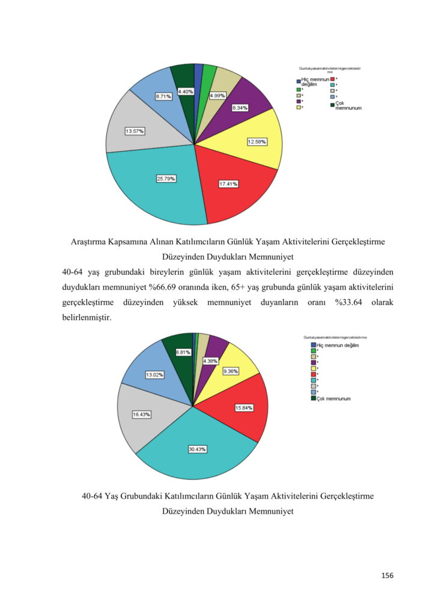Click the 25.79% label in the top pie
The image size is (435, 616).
click(x=166, y=178)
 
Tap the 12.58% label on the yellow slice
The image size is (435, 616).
click(x=257, y=142)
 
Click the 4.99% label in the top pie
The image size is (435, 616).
click(x=218, y=96)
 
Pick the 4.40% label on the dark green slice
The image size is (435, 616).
click(x=185, y=91)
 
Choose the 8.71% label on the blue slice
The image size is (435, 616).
click(x=163, y=96)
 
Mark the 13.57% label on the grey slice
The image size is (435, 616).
click(x=135, y=131)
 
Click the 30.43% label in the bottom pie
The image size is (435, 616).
click(x=197, y=449)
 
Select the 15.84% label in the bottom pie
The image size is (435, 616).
click(x=244, y=408)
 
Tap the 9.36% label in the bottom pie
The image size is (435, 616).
click(x=230, y=371)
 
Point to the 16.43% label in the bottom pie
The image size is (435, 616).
click(x=141, y=414)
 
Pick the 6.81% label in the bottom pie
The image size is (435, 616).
click(x=183, y=353)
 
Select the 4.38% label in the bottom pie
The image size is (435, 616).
click(x=210, y=361)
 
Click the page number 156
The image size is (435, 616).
click(x=388, y=576)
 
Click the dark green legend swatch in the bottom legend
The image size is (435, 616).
click(x=313, y=398)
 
